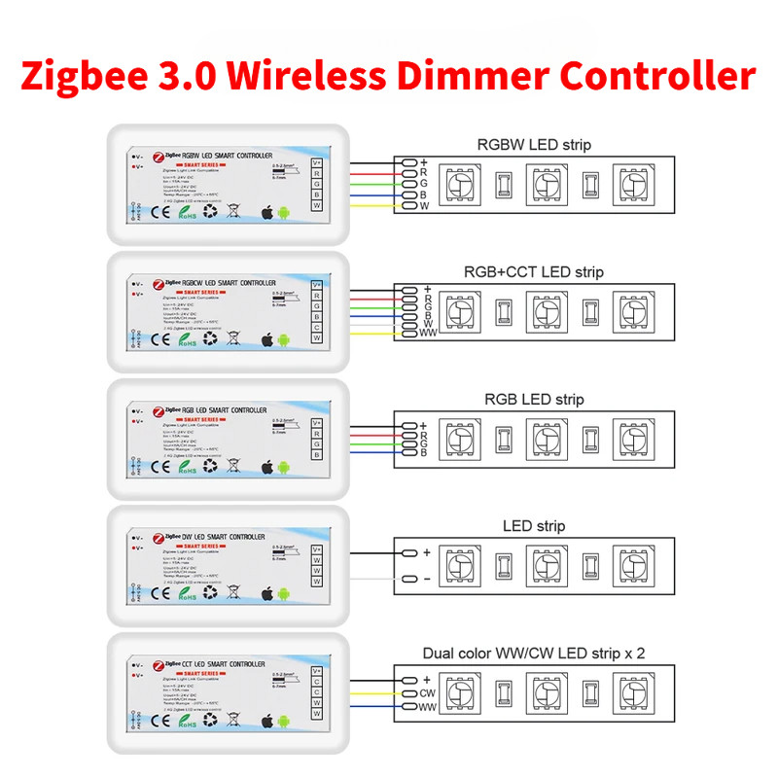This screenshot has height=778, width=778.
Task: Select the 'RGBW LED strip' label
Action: pos(533,146)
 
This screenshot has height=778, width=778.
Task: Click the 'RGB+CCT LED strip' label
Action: pos(533,272)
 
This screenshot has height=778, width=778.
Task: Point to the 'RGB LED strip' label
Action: pos(533,400)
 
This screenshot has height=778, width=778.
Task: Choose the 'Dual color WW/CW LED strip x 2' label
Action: pos(533,653)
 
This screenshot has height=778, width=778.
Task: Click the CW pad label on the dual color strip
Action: pos(427,693)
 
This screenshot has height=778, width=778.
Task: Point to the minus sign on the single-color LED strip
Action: pos(426,579)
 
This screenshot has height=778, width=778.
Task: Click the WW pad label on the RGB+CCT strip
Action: pos(427,334)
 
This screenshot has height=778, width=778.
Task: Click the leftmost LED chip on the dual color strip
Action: pos(460,691)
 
